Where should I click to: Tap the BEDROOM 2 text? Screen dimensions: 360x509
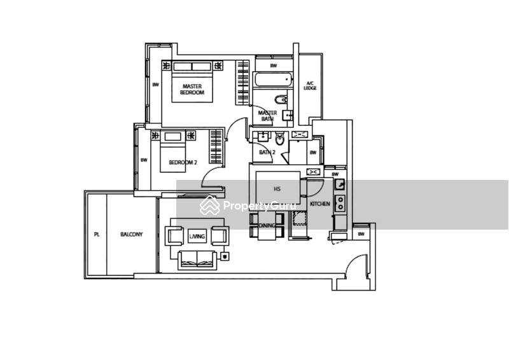(x=183, y=163)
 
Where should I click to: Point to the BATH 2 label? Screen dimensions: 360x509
(x=265, y=153)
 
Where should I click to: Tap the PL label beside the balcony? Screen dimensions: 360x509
(x=97, y=235)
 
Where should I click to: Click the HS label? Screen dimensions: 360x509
(x=276, y=189)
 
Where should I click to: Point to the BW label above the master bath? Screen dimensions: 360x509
(x=274, y=66)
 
